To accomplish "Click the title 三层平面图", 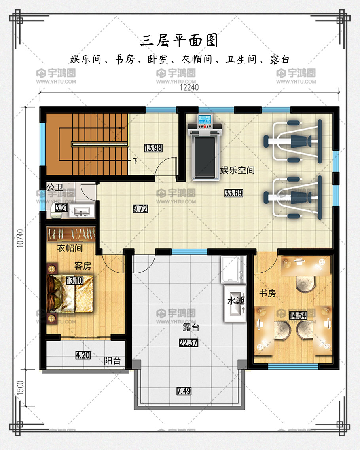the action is click(179, 40).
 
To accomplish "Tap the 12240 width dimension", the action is click(189, 87).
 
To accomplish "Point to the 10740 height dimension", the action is click(20, 238).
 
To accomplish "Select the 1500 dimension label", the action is click(20, 388).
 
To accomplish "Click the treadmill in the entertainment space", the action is click(204, 148).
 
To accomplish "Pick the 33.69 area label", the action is click(233, 193).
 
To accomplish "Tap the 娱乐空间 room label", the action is click(237, 171).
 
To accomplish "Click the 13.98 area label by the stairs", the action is click(153, 148).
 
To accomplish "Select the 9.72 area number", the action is click(140, 209).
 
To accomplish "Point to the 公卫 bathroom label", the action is click(55, 188).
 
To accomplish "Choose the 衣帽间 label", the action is click(70, 248).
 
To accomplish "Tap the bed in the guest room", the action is click(70, 294).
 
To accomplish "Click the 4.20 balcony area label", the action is click(83, 355).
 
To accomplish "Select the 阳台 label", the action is click(112, 361).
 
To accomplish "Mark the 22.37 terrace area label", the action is click(188, 343).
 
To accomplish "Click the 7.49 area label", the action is click(184, 391).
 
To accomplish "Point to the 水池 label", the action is click(236, 301).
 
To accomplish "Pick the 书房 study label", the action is click(267, 293).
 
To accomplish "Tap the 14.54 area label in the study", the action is click(298, 316).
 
